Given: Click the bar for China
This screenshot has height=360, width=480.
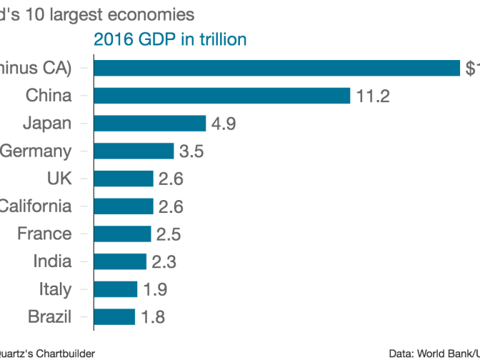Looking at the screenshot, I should tap(221, 96).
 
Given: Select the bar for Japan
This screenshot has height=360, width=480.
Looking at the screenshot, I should tap(149, 124).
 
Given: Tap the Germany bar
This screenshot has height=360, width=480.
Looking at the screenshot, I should tap(134, 151).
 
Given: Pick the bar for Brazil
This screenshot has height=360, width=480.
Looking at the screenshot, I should tap(114, 316).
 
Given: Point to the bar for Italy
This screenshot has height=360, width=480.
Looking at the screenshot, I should tap(115, 289).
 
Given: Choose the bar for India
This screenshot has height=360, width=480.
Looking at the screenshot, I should tap(119, 261).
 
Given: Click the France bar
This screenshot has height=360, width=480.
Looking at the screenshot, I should tap(122, 234).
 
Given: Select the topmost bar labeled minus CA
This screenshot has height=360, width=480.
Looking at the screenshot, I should tap(276, 68).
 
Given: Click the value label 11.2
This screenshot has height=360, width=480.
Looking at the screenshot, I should tap(373, 96).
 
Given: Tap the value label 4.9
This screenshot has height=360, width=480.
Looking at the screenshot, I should tap(224, 124).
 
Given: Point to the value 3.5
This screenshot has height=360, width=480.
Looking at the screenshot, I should tap(191, 151).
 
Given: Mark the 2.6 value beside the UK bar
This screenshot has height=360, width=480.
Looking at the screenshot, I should tap(171, 179).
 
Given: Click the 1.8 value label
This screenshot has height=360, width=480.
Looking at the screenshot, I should tap(153, 317).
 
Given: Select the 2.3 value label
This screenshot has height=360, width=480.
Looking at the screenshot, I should tap(164, 261).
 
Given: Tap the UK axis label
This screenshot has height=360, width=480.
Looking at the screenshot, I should tap(59, 179).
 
